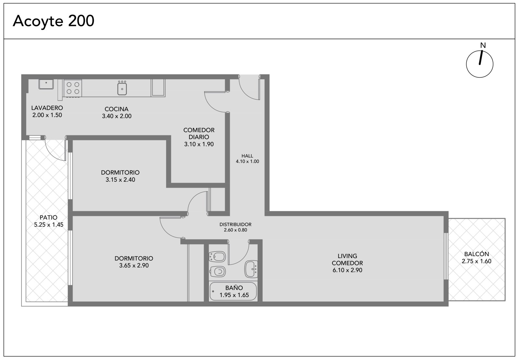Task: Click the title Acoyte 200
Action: click(54, 21)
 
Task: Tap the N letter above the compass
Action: click(483, 45)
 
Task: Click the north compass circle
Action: click(480, 64)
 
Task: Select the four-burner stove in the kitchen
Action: click(73, 88)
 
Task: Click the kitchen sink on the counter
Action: click(122, 88)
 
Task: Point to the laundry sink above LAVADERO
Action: click(46, 84)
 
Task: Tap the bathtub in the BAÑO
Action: click(233, 292)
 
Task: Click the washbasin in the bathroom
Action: click(251, 269)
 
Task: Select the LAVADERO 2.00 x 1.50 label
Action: click(47, 111)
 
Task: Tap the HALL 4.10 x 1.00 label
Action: click(247, 159)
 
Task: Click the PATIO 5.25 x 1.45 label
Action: click(49, 221)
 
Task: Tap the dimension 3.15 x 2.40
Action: click(120, 180)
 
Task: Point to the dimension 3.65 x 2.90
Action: click(134, 266)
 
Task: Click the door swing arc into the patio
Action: click(51, 154)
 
